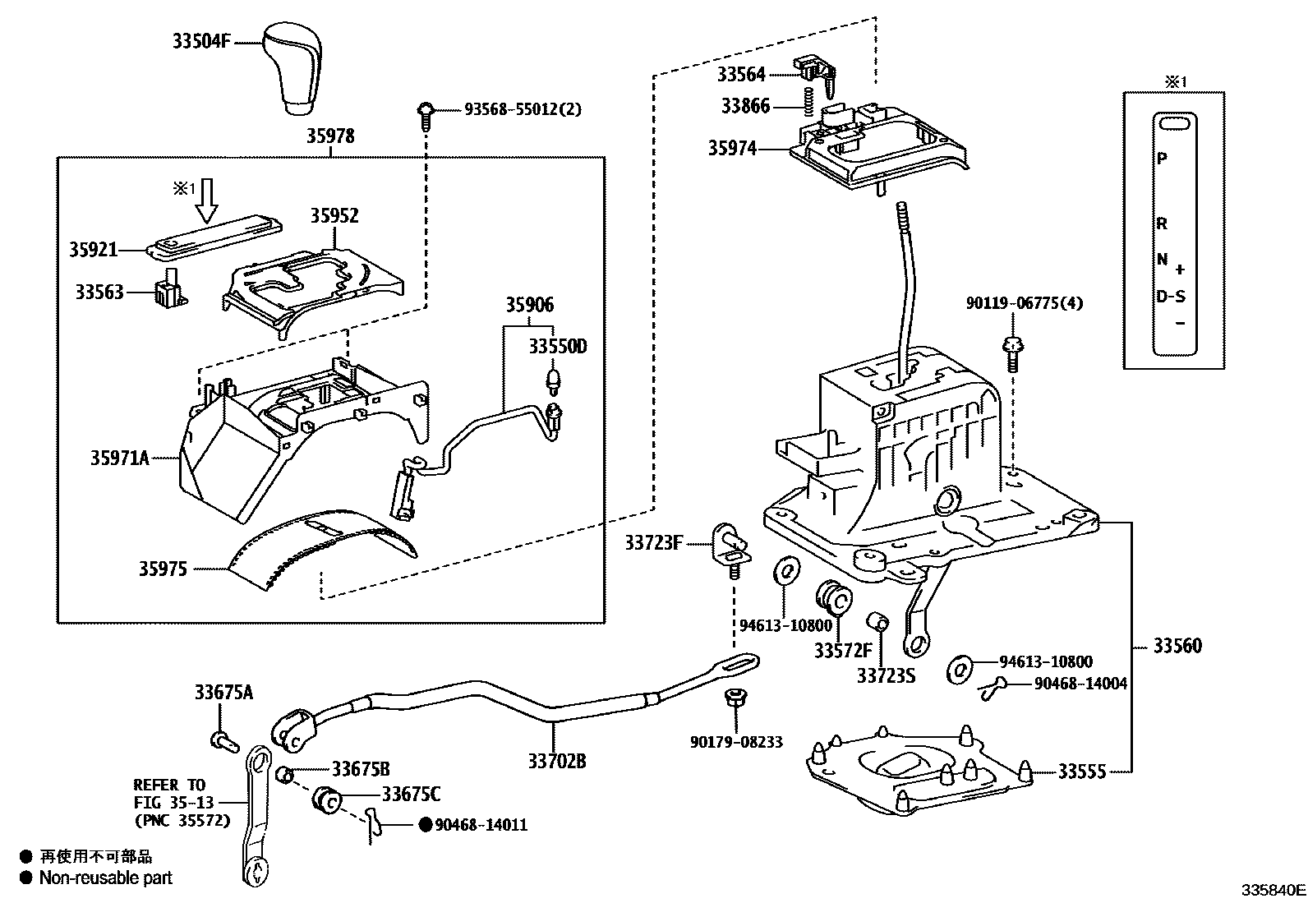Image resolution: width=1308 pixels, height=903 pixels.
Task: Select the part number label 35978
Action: (330, 136)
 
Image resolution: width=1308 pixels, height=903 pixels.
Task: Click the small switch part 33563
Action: (169, 293)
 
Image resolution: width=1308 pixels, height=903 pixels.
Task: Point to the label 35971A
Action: (119, 458)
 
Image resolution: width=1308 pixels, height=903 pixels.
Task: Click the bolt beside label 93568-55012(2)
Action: (426, 115)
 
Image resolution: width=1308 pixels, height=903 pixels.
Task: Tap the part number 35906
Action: (529, 305)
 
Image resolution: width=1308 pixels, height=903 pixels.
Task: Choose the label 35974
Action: (732, 149)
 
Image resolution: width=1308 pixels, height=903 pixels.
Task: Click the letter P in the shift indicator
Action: (1161, 158)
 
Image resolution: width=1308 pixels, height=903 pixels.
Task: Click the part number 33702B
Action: (556, 761)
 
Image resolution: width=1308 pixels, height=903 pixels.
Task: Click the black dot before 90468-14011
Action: (426, 825)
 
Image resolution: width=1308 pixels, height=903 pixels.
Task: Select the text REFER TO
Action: (169, 786)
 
